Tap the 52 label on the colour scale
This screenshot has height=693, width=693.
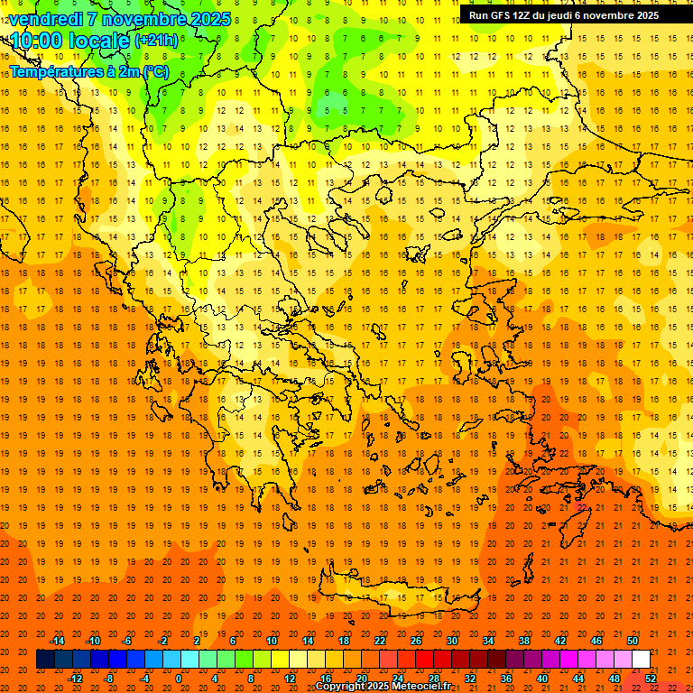(x=651, y=678)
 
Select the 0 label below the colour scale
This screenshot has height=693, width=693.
(x=178, y=678)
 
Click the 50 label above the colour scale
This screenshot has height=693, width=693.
(x=633, y=641)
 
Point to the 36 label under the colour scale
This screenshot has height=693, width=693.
(x=506, y=678)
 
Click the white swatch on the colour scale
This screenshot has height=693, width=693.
(x=642, y=660)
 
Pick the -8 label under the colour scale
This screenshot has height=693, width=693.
(x=109, y=678)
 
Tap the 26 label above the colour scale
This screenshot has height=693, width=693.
(x=416, y=641)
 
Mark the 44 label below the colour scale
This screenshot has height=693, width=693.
(x=578, y=678)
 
